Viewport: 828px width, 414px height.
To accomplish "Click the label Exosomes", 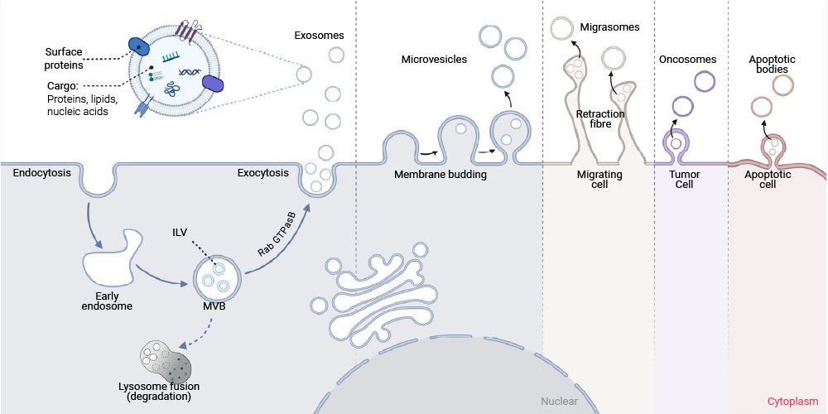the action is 320,36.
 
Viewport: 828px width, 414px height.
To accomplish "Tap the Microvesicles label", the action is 434,59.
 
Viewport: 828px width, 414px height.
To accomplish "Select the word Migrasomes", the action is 610,27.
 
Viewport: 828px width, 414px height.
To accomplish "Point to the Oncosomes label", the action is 687,59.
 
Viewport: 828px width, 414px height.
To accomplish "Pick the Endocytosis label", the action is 41,173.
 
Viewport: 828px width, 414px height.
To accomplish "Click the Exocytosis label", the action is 263,173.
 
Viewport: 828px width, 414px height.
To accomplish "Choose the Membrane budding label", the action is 440,174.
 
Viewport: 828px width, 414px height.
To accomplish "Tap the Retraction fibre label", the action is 600,118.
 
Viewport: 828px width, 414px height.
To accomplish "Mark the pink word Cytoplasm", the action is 792,402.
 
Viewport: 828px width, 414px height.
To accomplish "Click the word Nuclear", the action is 559,402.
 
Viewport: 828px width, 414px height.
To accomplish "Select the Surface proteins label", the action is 65,58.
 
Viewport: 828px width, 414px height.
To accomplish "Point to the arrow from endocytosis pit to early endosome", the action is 91,222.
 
